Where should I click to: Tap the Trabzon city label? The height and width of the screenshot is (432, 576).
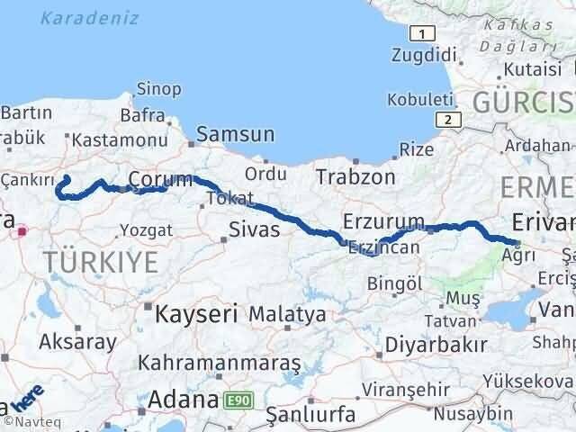point(355,177)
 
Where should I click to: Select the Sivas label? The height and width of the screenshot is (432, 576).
point(254,230)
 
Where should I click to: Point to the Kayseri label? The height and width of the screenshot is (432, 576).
point(196,314)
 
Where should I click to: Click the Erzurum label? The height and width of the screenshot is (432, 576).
point(383,221)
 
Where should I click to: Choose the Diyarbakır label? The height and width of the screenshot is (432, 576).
point(436,344)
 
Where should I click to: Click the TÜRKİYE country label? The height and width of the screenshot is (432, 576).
point(100,263)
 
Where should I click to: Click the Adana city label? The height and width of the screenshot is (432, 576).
point(184,399)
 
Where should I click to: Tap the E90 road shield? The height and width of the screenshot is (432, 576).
point(237,399)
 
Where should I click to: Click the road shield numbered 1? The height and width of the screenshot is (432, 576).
point(418,34)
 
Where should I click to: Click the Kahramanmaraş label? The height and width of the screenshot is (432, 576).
point(219,363)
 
